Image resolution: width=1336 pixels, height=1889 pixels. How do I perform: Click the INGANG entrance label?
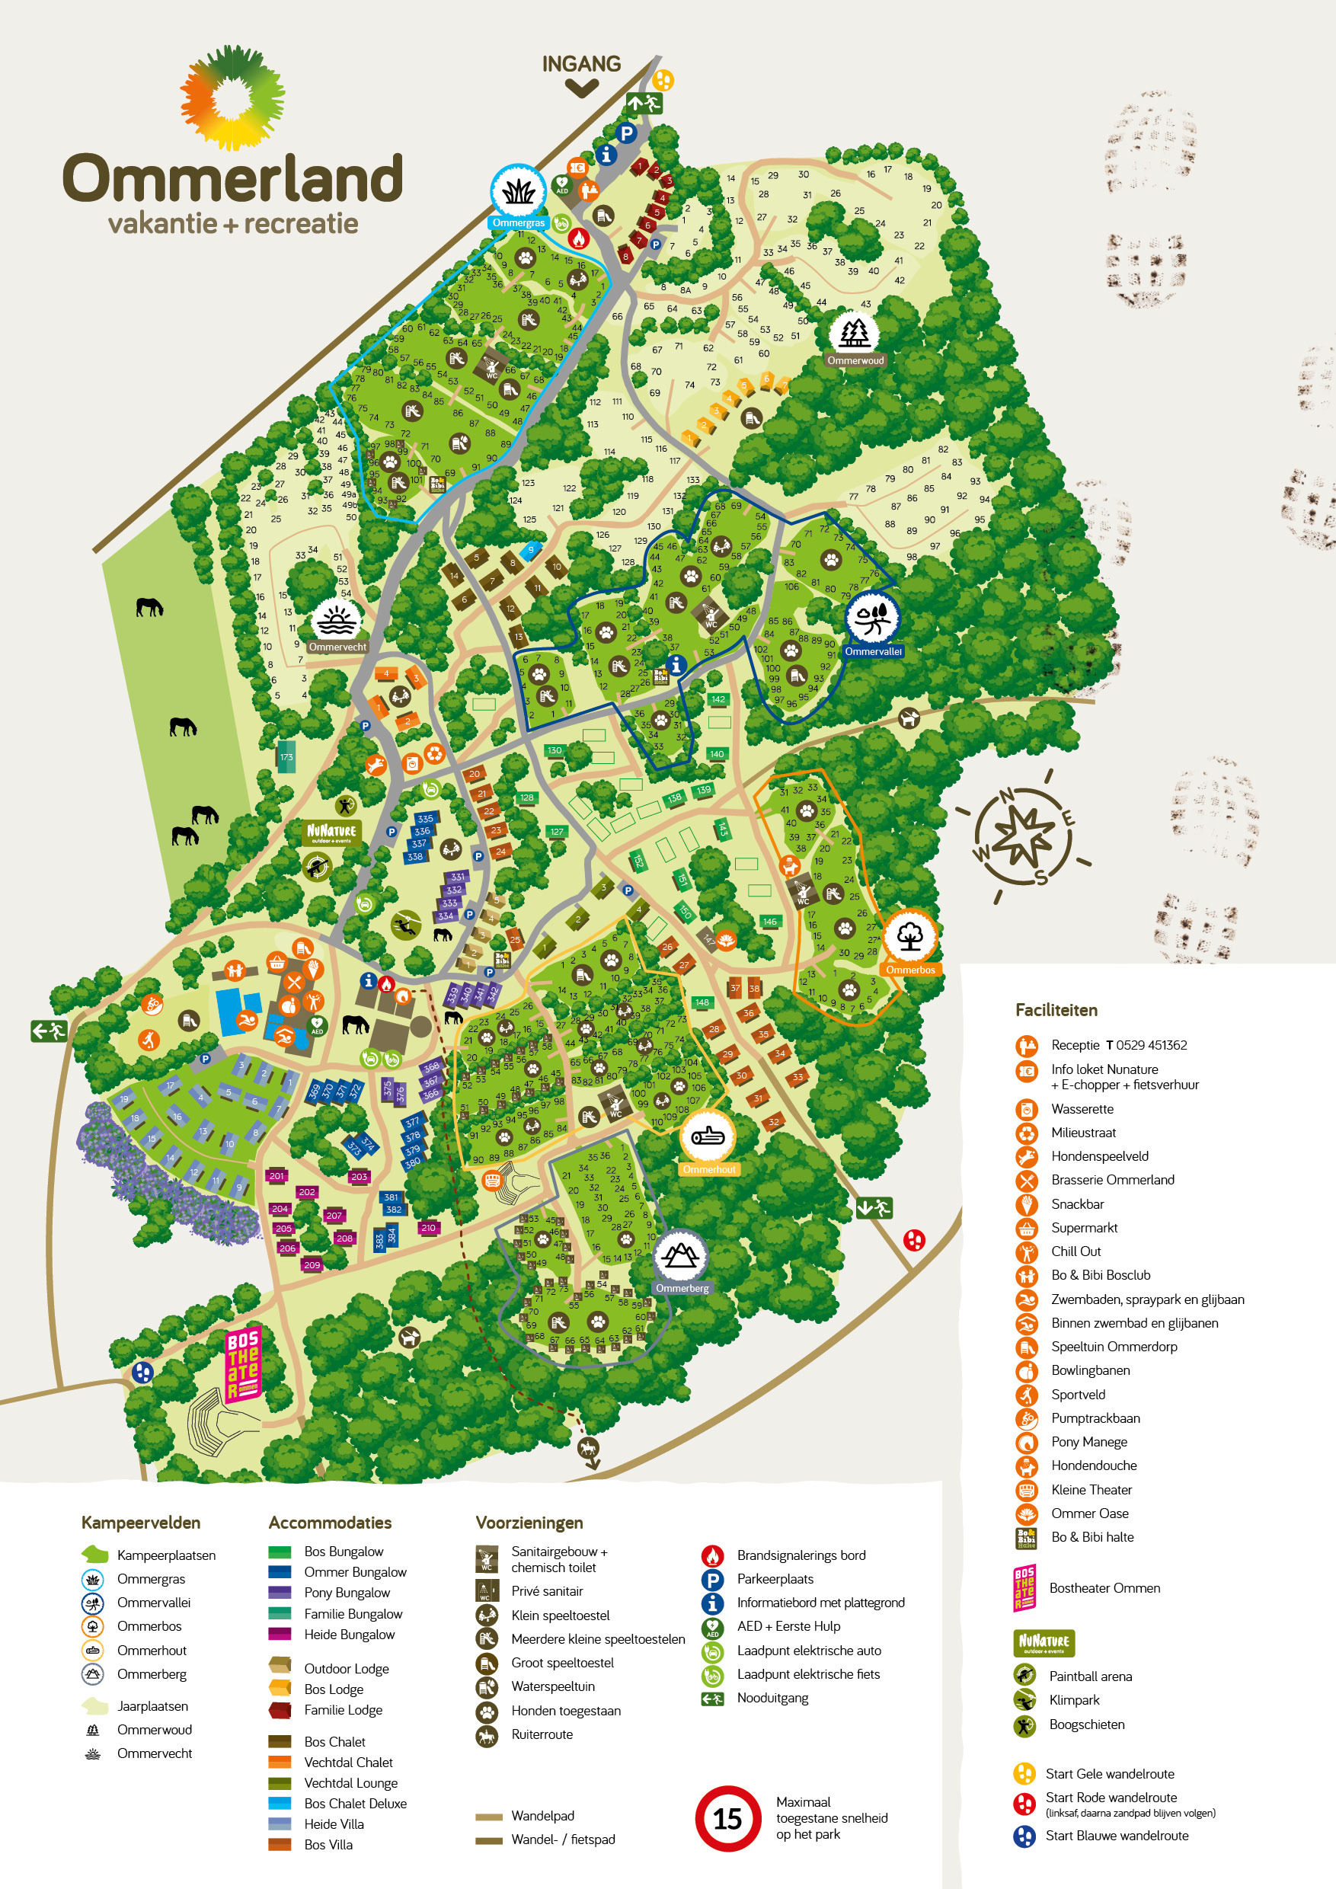(581, 64)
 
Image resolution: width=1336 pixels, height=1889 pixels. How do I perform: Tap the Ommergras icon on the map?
(518, 191)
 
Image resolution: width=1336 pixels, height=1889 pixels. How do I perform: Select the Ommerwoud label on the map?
(855, 360)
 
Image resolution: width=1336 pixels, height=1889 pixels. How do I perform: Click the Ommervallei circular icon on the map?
(872, 618)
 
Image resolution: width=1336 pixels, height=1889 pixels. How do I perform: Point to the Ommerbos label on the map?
(910, 970)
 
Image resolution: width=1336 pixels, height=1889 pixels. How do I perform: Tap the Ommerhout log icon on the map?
(708, 1136)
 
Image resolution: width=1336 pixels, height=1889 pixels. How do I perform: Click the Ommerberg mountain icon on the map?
(680, 1255)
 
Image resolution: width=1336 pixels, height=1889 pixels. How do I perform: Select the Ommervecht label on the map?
(337, 647)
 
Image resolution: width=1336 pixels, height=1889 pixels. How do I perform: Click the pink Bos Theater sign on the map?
(243, 1365)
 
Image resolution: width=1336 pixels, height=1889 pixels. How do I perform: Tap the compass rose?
(1023, 836)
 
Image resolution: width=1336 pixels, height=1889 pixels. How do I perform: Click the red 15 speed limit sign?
(727, 1818)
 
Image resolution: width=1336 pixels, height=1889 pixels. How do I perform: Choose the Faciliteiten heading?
(1056, 1010)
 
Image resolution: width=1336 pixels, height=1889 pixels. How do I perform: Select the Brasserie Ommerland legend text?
(1112, 1180)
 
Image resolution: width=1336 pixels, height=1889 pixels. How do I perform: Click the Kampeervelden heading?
(141, 1523)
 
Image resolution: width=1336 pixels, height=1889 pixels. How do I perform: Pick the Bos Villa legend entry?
(328, 1845)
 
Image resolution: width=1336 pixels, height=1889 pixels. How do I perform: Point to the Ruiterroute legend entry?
(542, 1734)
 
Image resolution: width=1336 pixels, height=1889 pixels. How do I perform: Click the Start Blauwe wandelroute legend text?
(1117, 1836)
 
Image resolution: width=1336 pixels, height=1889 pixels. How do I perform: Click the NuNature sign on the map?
(331, 832)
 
